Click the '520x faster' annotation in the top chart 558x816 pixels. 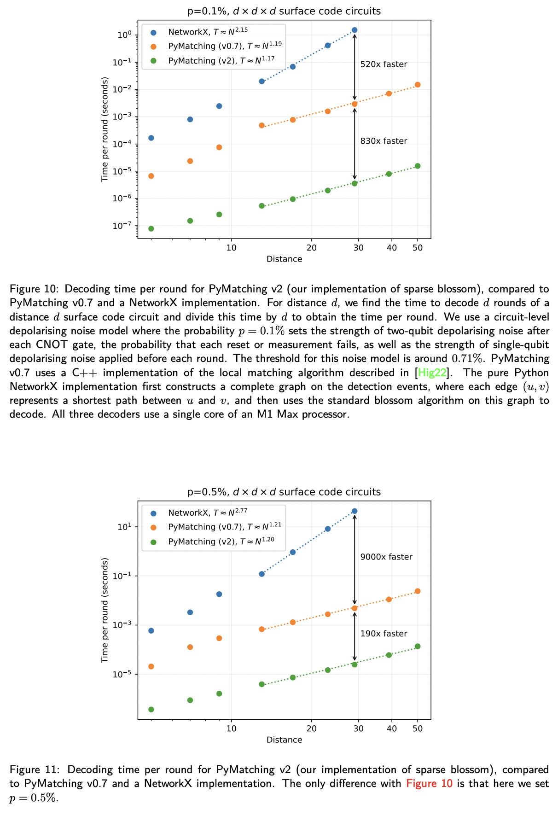pyautogui.click(x=383, y=64)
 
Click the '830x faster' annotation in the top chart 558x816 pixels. pyautogui.click(x=383, y=141)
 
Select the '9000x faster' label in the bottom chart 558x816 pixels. pyautogui.click(x=386, y=557)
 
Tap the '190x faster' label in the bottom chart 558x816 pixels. pyautogui.click(x=383, y=634)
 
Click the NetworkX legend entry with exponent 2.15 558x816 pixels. pyautogui.click(x=210, y=32)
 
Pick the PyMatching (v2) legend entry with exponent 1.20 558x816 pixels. pyautogui.click(x=221, y=542)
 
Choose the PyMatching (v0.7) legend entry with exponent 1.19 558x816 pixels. pyautogui.click(x=225, y=46)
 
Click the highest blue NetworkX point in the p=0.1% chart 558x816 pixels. pyautogui.click(x=355, y=30)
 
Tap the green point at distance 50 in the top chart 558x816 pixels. pyautogui.click(x=418, y=166)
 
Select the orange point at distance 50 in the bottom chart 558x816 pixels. pyautogui.click(x=418, y=591)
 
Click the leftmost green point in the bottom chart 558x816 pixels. pyautogui.click(x=151, y=709)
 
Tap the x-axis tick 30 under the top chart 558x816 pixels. pyautogui.click(x=358, y=248)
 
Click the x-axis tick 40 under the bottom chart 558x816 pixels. pyautogui.click(x=391, y=729)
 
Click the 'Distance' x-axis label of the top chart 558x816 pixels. pyautogui.click(x=284, y=259)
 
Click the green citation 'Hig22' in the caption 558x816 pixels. pyautogui.click(x=432, y=373)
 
